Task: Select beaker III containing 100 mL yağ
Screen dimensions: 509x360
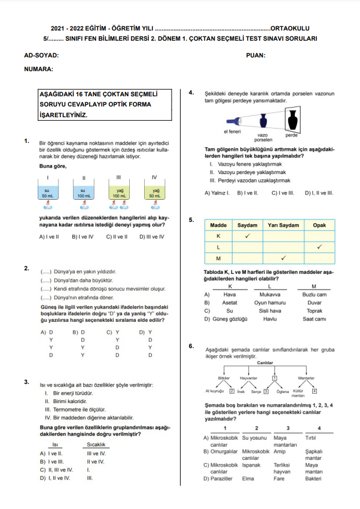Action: tap(119, 193)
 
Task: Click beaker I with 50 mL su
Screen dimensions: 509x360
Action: tap(47, 193)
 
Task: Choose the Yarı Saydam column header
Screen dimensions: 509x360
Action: tap(285, 225)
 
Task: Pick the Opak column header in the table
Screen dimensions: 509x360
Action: tap(319, 225)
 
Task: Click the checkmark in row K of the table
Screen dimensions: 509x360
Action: tap(247, 236)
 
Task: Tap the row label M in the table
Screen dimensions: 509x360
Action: tap(218, 258)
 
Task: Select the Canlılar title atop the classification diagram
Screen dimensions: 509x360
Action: tap(265, 363)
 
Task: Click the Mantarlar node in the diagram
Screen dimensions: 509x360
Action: tap(306, 378)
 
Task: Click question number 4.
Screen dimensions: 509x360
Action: tap(191, 93)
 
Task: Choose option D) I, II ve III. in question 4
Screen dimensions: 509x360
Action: tap(319, 193)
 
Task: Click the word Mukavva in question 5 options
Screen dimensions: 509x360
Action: tap(262, 294)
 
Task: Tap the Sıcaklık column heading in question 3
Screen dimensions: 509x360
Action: tap(96, 444)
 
